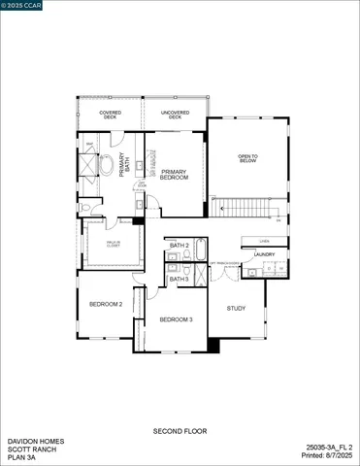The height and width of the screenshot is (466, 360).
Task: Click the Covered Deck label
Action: point(110,116)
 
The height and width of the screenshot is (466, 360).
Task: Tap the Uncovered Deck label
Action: point(175,116)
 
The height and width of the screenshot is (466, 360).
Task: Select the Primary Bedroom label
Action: point(174,175)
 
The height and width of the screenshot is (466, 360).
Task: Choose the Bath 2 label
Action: point(178,246)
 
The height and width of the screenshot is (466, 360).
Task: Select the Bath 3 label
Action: point(178,279)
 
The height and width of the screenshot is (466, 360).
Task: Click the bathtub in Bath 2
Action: point(200,250)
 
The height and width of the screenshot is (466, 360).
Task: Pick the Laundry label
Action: point(265,254)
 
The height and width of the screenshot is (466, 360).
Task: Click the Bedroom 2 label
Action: point(106,304)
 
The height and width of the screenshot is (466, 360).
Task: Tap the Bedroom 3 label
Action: point(177,319)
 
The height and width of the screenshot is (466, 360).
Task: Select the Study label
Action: point(237,309)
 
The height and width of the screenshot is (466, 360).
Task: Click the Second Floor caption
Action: point(180,430)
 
